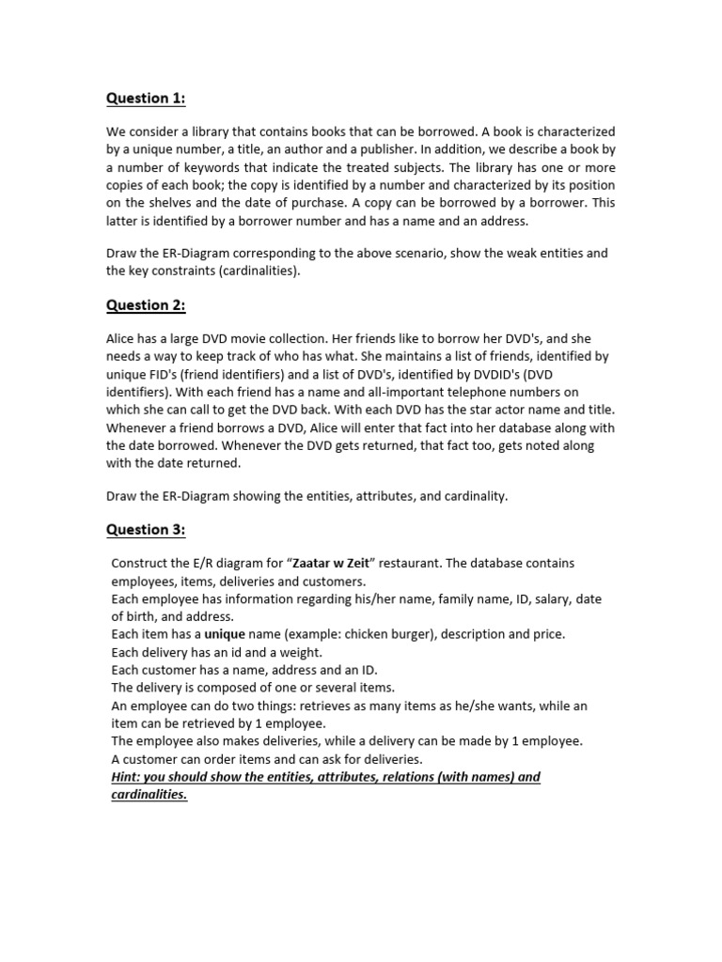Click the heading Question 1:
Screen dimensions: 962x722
click(146, 99)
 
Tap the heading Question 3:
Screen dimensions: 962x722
click(146, 529)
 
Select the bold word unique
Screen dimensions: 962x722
click(226, 634)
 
